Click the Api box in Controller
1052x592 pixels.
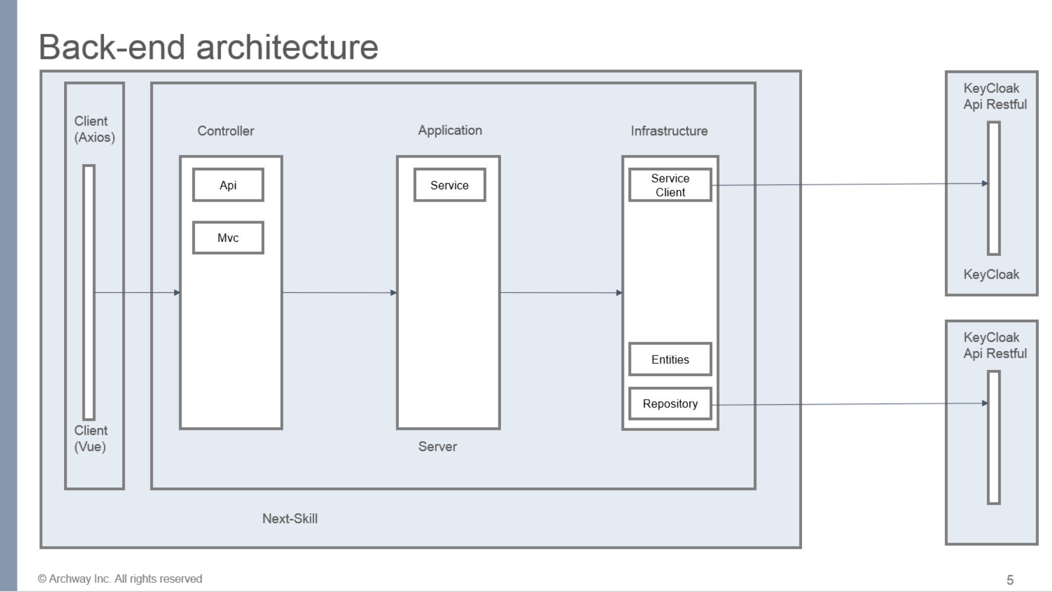point(228,185)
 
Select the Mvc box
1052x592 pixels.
point(228,238)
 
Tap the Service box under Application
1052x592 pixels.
point(450,185)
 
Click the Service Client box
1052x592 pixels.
point(670,185)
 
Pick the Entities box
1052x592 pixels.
point(670,360)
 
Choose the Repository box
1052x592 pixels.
point(670,404)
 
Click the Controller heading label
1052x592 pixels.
point(226,131)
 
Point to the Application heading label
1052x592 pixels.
point(450,130)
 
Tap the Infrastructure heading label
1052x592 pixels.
point(669,131)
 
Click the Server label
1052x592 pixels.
point(437,446)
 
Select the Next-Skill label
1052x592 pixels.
point(290,519)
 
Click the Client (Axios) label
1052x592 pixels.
point(94,129)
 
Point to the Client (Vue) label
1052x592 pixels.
point(91,439)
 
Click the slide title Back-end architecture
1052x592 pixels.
point(208,47)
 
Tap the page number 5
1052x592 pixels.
point(1010,580)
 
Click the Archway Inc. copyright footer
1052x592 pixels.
point(120,579)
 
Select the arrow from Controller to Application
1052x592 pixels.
point(339,292)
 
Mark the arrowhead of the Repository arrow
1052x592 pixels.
point(984,403)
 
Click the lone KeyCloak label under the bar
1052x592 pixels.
point(991,274)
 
